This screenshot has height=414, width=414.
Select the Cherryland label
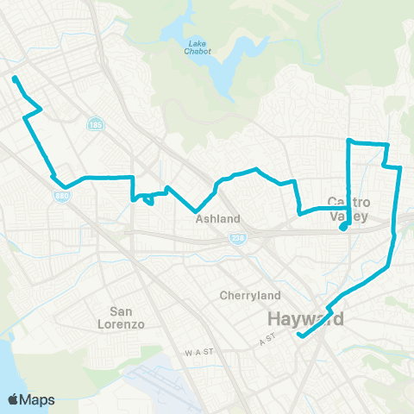tap(245, 295)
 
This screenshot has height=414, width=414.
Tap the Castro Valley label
tap(349, 210)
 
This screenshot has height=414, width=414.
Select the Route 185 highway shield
tap(92, 126)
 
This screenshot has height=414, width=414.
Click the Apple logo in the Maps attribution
tap(14, 399)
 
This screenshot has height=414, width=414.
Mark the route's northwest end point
tap(16, 79)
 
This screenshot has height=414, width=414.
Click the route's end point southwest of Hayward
tap(298, 335)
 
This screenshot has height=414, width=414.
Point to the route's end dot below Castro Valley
tap(343, 228)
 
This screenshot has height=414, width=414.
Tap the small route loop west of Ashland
tap(149, 199)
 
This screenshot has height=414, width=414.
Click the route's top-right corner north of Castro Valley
tap(387, 144)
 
